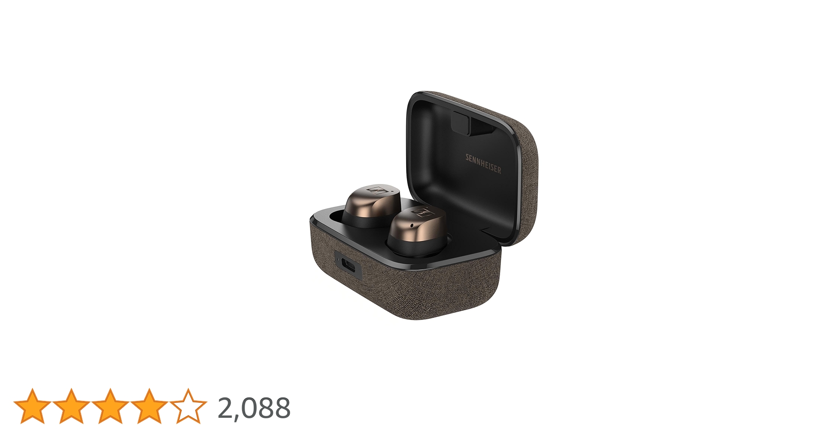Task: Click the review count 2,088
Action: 254,408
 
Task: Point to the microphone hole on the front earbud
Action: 411,226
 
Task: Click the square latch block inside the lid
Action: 460,122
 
